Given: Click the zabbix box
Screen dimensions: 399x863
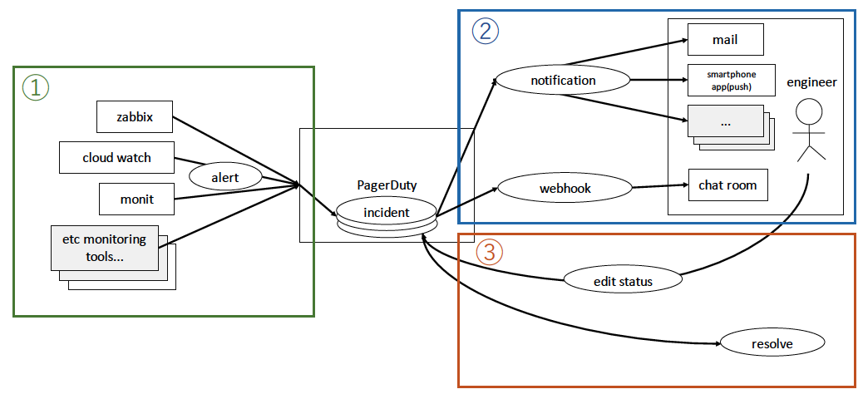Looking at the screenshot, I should [136, 117].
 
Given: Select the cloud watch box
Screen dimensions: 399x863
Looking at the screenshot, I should [116, 157].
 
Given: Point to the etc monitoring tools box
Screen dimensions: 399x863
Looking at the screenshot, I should [105, 248].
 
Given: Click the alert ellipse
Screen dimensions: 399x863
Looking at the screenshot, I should [225, 176].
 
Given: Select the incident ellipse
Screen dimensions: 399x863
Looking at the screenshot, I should [387, 212].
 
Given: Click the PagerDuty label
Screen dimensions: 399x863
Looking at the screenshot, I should [387, 185].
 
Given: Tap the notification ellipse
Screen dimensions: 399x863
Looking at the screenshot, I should [563, 81].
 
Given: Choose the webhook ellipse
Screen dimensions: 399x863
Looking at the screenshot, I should [565, 189].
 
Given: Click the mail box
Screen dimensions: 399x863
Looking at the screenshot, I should [725, 40].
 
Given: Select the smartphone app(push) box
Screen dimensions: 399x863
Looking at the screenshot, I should [731, 80].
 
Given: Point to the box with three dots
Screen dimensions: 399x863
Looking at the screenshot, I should [725, 121].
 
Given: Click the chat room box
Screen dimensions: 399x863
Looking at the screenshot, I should [727, 185].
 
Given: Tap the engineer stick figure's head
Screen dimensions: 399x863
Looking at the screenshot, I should [810, 111].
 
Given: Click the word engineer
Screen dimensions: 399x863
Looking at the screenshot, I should [811, 82].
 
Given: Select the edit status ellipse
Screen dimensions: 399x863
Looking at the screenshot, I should [623, 281].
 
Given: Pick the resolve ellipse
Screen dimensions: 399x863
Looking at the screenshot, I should [772, 342].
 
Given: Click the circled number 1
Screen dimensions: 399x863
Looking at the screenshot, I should [36, 87].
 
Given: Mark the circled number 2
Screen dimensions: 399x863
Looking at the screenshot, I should [486, 32].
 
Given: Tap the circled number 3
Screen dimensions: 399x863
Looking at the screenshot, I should [489, 252].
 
